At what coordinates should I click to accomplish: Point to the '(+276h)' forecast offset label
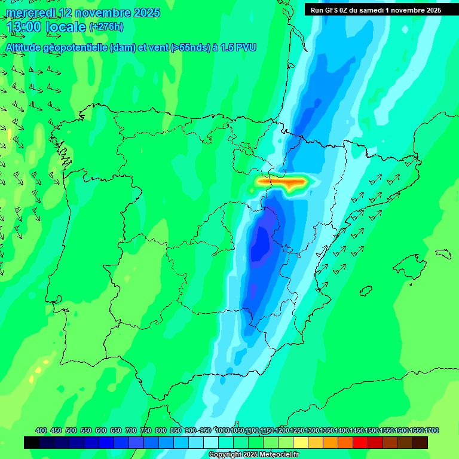pos(107,27)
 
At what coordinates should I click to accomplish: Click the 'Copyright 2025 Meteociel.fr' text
pos(254,455)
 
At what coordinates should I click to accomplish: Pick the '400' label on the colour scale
pos(41,430)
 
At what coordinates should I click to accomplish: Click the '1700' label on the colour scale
pos(416,430)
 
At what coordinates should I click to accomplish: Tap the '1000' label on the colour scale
pos(222,430)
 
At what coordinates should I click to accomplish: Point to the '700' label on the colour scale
pos(130,430)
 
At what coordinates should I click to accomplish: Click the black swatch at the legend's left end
pos(32,442)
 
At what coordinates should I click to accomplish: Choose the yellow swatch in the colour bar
pos(301,442)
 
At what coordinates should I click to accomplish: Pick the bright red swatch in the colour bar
pos(360,442)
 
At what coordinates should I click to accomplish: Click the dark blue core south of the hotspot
pos(261,245)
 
